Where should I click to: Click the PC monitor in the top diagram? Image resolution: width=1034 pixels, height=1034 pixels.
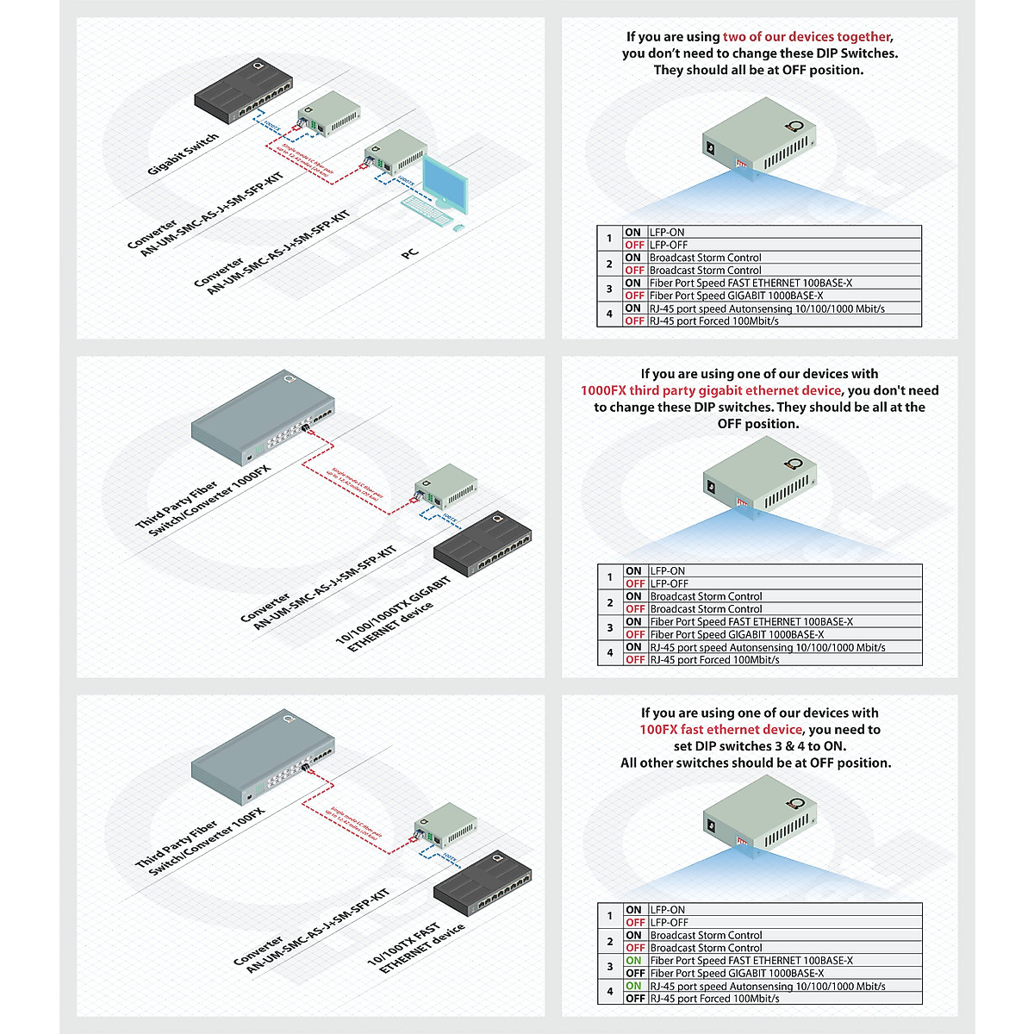[445, 184]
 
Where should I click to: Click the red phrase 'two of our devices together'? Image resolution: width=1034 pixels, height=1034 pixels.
[807, 37]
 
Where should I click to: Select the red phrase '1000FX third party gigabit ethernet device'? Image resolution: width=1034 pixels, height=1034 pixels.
[711, 390]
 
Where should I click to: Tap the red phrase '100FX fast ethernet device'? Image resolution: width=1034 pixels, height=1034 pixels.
[720, 730]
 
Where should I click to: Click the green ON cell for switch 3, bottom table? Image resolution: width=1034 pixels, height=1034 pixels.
[634, 961]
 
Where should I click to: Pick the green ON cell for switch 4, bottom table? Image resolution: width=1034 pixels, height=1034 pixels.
[634, 986]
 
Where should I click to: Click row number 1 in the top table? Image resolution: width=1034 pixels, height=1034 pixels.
[609, 239]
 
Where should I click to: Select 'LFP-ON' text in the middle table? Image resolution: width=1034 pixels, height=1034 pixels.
[668, 571]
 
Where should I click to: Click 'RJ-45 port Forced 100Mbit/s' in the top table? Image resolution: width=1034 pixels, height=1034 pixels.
[714, 321]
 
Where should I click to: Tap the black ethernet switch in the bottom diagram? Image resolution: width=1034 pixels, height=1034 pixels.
[483, 888]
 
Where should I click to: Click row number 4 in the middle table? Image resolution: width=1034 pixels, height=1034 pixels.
[610, 653]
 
